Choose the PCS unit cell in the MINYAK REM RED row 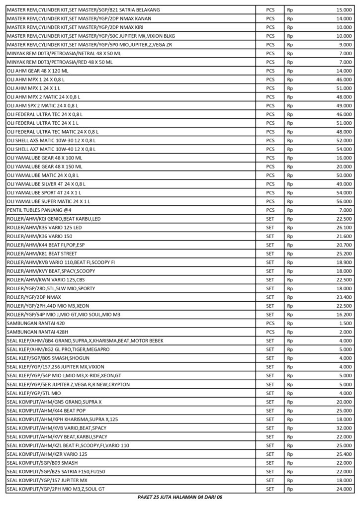point(270,62)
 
